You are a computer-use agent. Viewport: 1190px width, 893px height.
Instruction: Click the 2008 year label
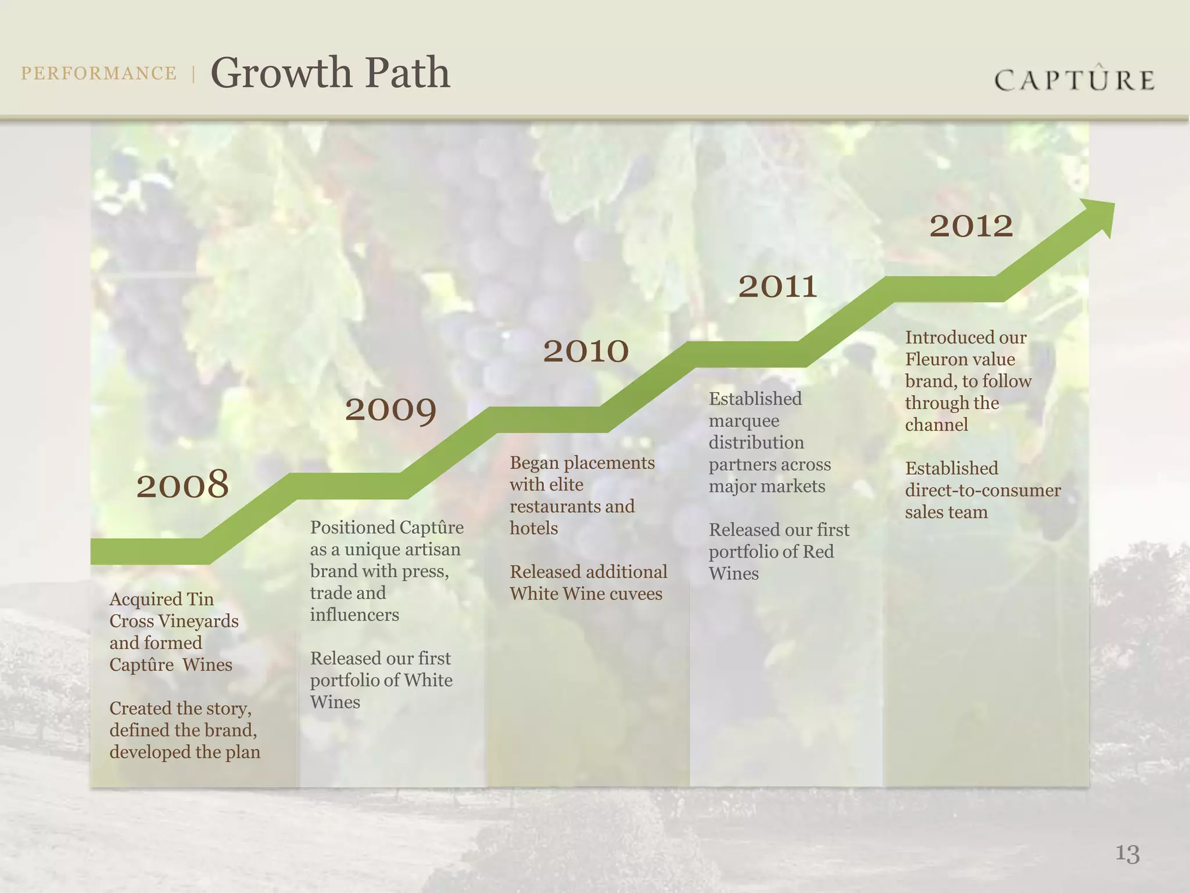[182, 484]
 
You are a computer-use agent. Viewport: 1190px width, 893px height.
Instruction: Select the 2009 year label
[390, 410]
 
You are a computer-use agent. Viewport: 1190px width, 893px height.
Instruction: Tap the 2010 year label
[586, 351]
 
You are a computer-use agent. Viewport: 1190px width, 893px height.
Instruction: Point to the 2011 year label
[777, 287]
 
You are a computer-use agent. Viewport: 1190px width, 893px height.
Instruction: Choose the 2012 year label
[971, 226]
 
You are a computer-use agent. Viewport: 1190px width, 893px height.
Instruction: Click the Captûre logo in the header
[1074, 80]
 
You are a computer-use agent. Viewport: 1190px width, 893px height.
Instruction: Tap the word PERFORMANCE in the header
[99, 73]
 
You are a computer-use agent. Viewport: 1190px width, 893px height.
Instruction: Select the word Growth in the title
[281, 73]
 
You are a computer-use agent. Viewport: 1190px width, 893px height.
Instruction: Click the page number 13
[1127, 853]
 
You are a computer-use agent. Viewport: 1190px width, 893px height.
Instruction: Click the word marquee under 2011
[744, 421]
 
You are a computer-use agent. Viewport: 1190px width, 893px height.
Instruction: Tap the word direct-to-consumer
[983, 490]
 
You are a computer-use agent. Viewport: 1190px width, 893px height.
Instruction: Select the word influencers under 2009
[354, 615]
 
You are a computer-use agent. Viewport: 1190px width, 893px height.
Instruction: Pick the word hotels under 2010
[533, 528]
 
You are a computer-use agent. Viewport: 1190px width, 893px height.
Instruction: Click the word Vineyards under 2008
[198, 621]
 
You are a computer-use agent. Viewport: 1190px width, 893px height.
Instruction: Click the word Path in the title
[408, 73]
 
